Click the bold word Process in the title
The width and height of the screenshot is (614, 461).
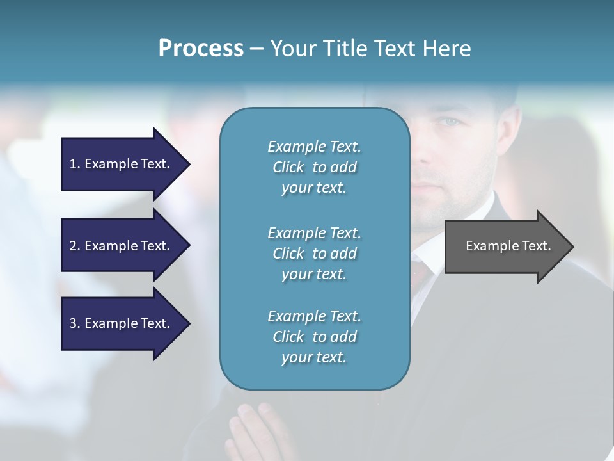pyautogui.click(x=201, y=49)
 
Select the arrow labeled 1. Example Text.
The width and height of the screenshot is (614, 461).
pyautogui.click(x=122, y=164)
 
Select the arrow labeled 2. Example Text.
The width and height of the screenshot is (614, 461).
pyautogui.click(x=122, y=246)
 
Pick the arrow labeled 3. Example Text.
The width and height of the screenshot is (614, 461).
pyautogui.click(x=122, y=323)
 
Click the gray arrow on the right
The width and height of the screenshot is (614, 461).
pyautogui.click(x=505, y=246)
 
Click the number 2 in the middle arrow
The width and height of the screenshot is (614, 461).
pyautogui.click(x=73, y=246)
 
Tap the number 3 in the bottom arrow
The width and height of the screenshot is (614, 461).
pyautogui.click(x=73, y=323)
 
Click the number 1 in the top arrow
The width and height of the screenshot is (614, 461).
pyautogui.click(x=73, y=164)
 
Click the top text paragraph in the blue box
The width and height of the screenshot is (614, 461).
pyautogui.click(x=314, y=167)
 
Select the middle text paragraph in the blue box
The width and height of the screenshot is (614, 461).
pyautogui.click(x=314, y=254)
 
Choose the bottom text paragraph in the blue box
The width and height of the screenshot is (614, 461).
pyautogui.click(x=314, y=337)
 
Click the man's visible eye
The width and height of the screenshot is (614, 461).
pyautogui.click(x=452, y=122)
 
